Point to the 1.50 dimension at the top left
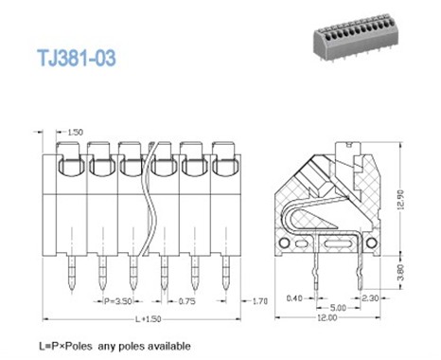77,131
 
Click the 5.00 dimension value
335,308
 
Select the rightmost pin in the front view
225,275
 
